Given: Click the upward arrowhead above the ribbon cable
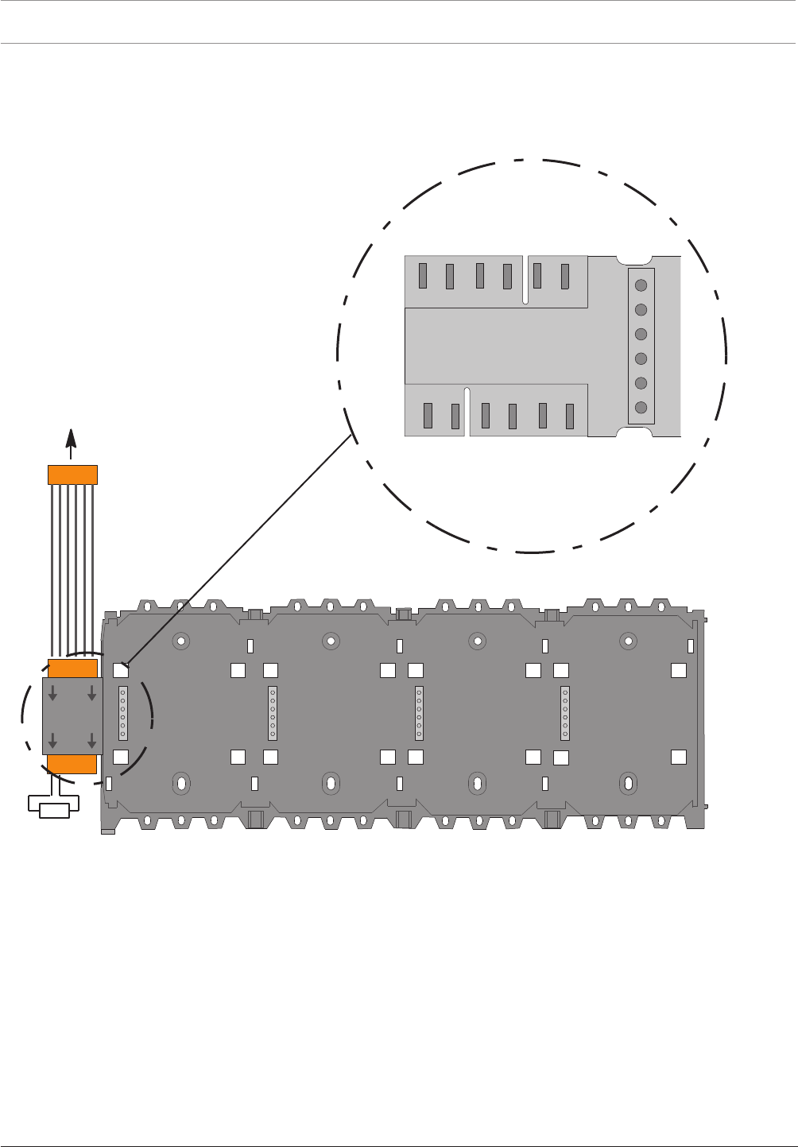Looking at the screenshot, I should click(x=72, y=440).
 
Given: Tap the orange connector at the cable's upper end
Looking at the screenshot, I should click(x=73, y=475).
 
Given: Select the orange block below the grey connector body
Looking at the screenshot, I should click(x=72, y=765).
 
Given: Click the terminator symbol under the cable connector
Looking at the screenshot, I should click(x=53, y=809).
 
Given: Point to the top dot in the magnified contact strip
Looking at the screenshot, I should click(x=641, y=285).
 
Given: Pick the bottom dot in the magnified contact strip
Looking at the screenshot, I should click(x=641, y=408).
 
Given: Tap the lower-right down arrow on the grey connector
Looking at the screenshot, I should click(x=92, y=741).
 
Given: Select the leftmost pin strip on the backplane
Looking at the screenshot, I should click(x=123, y=712).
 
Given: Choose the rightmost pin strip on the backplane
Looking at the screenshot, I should click(x=565, y=712).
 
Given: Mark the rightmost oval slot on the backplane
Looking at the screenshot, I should click(x=629, y=783).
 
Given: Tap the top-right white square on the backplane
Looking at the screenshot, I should click(x=679, y=670).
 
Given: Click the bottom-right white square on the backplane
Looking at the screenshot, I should click(x=679, y=757).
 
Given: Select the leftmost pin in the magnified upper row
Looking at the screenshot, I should click(x=423, y=276).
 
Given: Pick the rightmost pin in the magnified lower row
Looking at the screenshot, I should click(x=570, y=417).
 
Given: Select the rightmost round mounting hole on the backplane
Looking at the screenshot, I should click(x=629, y=640).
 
